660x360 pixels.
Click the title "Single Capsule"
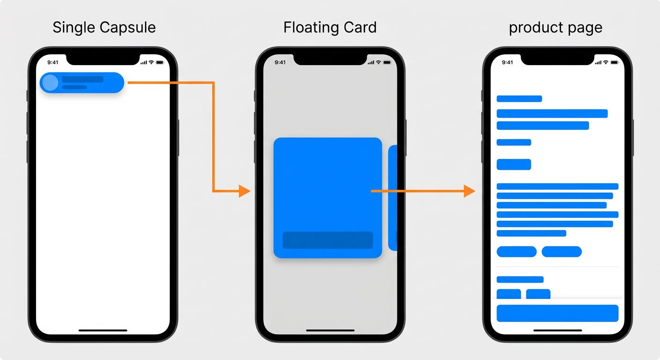(x=104, y=28)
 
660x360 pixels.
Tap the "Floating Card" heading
(x=330, y=28)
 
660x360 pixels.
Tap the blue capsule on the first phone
(x=82, y=83)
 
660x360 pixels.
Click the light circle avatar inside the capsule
(x=50, y=83)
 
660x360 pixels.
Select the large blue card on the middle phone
(x=328, y=198)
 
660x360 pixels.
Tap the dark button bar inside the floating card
(x=328, y=240)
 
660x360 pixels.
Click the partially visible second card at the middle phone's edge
(x=393, y=198)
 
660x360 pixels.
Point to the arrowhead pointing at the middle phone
(x=245, y=191)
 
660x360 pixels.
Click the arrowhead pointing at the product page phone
(x=469, y=191)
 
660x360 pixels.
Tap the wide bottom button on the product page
(x=557, y=313)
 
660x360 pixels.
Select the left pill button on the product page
(x=517, y=252)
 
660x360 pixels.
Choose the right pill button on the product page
(x=562, y=252)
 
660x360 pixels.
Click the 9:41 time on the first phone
(x=53, y=62)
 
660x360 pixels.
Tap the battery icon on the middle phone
(x=387, y=62)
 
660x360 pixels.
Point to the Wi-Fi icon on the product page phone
(x=606, y=62)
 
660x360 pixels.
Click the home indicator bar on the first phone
(x=103, y=330)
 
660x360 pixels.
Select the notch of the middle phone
(x=330, y=59)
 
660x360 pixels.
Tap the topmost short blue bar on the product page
(x=519, y=99)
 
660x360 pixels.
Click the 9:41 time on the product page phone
(x=507, y=62)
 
